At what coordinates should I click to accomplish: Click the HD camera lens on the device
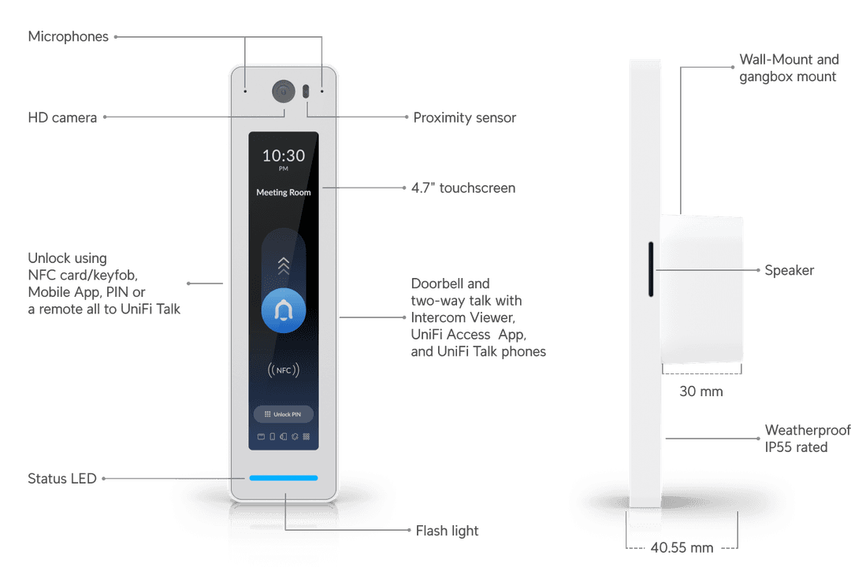(282, 91)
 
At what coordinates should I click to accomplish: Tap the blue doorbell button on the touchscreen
(284, 313)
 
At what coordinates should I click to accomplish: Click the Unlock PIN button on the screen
(284, 415)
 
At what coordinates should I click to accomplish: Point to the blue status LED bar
(284, 478)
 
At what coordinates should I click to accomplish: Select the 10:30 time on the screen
(284, 155)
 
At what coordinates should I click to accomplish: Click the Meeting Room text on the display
(284, 192)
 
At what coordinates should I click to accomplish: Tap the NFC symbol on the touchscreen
(284, 369)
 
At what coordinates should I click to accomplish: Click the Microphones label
(68, 37)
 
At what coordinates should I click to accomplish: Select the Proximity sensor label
(465, 118)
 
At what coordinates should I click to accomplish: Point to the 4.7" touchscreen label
(464, 188)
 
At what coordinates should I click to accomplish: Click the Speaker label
(790, 271)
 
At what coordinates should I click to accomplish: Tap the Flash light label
(447, 531)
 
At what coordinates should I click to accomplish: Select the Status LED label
(62, 478)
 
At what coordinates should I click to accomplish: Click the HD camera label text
(62, 118)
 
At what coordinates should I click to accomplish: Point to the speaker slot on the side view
(651, 269)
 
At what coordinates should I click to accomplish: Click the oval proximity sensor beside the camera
(306, 91)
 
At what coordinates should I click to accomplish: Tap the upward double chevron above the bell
(284, 265)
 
